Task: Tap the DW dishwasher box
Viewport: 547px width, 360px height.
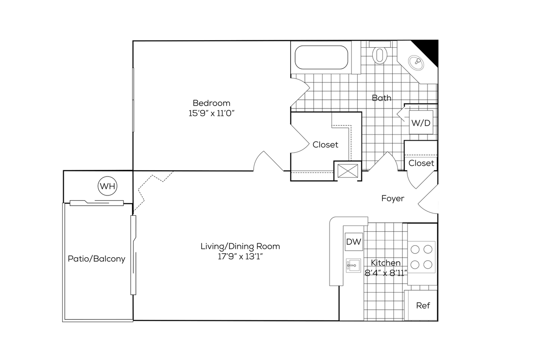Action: [353, 242]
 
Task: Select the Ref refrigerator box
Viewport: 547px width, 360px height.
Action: [423, 305]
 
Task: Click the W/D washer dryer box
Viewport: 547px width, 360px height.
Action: [420, 123]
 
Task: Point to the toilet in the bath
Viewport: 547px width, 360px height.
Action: [379, 54]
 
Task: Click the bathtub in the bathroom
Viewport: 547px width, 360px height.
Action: [321, 57]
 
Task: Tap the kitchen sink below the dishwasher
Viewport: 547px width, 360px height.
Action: [353, 266]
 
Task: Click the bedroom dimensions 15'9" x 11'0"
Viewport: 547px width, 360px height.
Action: [211, 113]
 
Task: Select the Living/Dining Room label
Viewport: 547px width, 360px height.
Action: [240, 246]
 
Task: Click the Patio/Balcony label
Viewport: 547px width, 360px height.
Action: [96, 259]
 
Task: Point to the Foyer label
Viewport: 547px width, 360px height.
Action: [393, 199]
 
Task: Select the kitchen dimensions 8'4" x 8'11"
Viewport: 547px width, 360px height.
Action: [386, 273]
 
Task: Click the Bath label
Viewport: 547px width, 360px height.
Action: [381, 98]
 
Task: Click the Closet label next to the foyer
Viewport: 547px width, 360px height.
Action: [421, 163]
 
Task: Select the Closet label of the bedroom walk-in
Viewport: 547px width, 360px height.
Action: [325, 145]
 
